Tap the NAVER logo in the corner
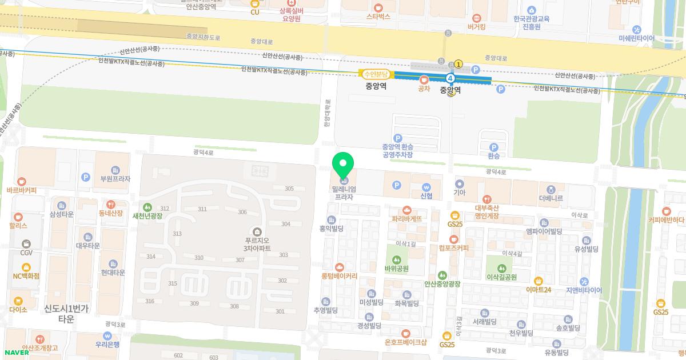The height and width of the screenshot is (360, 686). pyautogui.click(x=15, y=352)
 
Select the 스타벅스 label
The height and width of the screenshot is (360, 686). pyautogui.click(x=378, y=17)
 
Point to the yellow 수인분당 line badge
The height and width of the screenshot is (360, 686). pyautogui.click(x=376, y=74)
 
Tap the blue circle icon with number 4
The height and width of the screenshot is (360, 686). pyautogui.click(x=450, y=78)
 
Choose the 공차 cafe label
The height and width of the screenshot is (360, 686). pyautogui.click(x=424, y=88)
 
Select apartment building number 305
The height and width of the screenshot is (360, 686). pyautogui.click(x=289, y=189)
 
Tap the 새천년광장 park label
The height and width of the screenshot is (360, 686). pyautogui.click(x=147, y=216)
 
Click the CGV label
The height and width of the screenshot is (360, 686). pyautogui.click(x=26, y=253)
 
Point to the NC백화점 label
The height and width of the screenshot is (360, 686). pyautogui.click(x=26, y=275)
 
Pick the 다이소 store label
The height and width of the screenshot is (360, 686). pyautogui.click(x=18, y=309)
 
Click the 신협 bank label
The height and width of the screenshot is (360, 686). pyautogui.click(x=426, y=195)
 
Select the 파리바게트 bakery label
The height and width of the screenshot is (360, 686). pyautogui.click(x=406, y=218)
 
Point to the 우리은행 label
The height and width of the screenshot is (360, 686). pyautogui.click(x=107, y=345)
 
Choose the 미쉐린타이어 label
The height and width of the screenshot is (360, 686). pyautogui.click(x=636, y=38)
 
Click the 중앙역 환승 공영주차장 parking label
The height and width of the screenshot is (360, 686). pyautogui.click(x=397, y=150)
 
